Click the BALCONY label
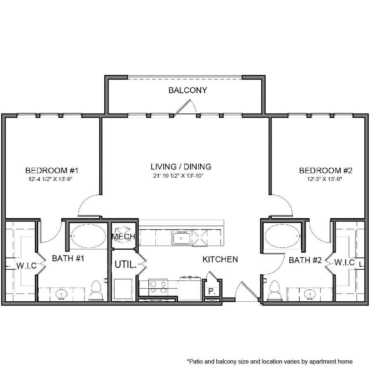(188, 90)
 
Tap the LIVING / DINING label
(181, 167)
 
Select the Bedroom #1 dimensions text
(50, 179)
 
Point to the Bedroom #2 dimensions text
(325, 179)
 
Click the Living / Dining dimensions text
(178, 176)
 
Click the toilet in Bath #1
(96, 291)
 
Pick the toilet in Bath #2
(275, 291)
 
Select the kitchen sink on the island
(181, 238)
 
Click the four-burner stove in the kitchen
(158, 287)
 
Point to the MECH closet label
(123, 236)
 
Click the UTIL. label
(126, 264)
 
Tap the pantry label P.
(212, 291)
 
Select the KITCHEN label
(220, 259)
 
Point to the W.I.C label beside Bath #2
(344, 262)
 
